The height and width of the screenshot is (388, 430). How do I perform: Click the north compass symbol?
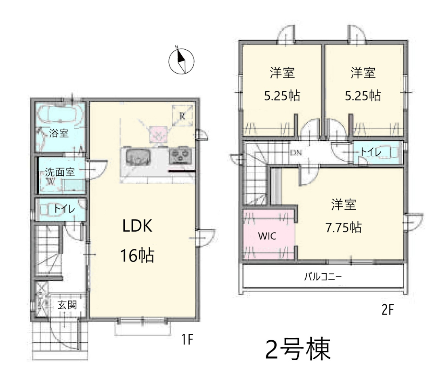[x=181, y=61]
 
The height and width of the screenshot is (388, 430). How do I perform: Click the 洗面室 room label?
[x=60, y=172]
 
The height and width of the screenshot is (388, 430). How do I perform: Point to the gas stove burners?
[x=179, y=156]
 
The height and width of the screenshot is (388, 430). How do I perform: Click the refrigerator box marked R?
[x=182, y=116]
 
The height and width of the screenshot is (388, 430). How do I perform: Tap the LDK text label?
[x=137, y=226]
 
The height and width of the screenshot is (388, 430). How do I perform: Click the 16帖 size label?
[x=137, y=255]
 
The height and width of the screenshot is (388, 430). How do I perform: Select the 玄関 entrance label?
[x=67, y=305]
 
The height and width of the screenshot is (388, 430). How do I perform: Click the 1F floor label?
[x=187, y=339]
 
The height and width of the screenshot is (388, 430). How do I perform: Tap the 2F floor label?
[x=388, y=310]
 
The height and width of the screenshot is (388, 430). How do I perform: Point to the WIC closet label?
[x=267, y=236]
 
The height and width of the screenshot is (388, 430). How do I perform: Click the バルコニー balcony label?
[x=323, y=276]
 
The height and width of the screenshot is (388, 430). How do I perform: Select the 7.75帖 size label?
[x=343, y=228]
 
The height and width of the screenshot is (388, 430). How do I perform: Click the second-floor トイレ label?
[x=370, y=152]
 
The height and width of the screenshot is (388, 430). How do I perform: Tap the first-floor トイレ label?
[x=64, y=209]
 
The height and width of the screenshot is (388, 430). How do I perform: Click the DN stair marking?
[x=296, y=152]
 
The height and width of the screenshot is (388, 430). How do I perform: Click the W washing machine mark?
[x=50, y=181]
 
